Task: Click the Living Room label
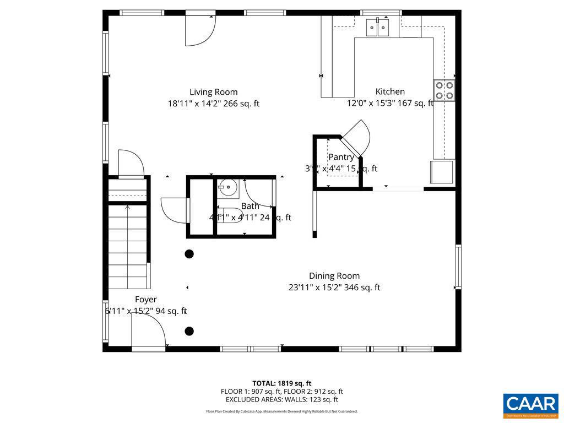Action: [x=214, y=92]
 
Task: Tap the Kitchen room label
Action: [x=390, y=91]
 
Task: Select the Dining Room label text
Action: [x=334, y=276]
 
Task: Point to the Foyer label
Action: [x=146, y=300]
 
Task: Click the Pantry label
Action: [x=341, y=158]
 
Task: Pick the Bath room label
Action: [x=250, y=206]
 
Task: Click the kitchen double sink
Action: [x=378, y=27]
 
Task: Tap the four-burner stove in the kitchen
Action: [x=444, y=90]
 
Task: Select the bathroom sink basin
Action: [x=228, y=188]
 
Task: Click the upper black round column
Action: [x=189, y=254]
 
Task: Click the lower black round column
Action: [x=189, y=331]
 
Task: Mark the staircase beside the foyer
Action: [x=128, y=245]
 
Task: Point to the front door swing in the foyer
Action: [x=148, y=331]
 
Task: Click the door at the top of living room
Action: [x=199, y=30]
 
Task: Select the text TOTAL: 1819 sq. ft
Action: [x=282, y=383]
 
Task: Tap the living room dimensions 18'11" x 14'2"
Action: [x=214, y=104]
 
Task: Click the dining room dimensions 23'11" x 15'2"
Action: [x=334, y=288]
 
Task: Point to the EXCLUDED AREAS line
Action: [x=282, y=400]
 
